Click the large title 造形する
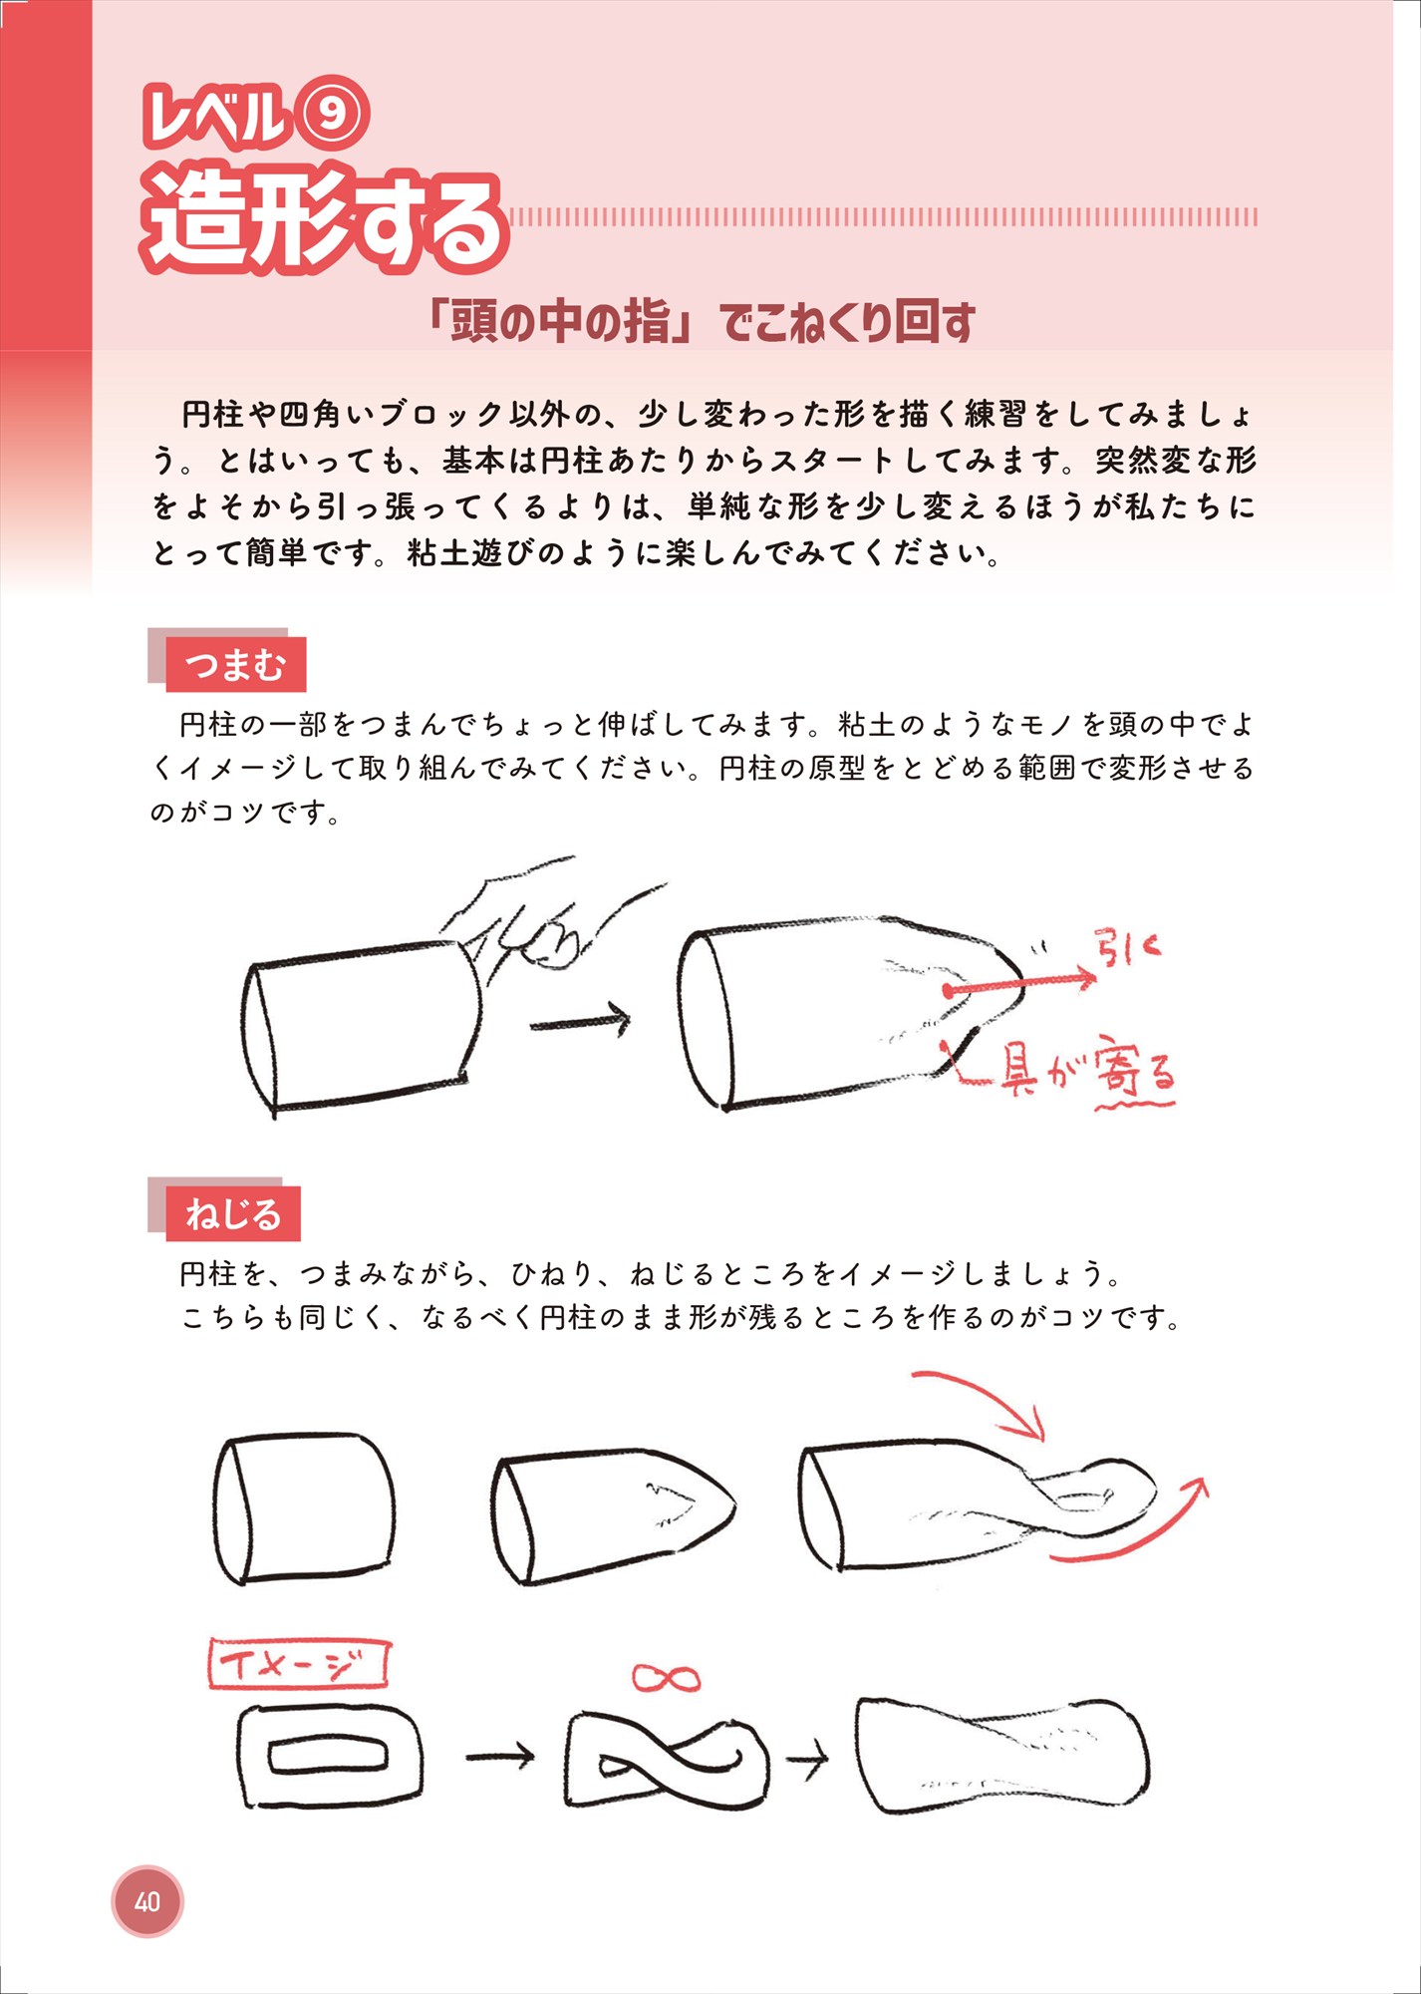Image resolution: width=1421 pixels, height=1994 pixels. coord(324,221)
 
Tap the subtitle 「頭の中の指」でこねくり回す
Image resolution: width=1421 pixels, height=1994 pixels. coord(698,322)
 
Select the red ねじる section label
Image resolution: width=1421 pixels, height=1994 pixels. coord(233,1214)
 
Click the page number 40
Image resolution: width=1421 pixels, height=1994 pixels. coord(147,1901)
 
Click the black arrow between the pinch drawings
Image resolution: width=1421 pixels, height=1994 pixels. coord(581,1021)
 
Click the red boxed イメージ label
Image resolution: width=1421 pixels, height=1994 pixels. coord(298,1665)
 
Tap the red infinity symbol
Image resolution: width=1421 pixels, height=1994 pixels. coord(666,1678)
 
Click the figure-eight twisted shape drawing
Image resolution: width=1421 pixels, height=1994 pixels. coord(666,1759)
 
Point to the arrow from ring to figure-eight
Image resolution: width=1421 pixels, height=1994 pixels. coord(500,1756)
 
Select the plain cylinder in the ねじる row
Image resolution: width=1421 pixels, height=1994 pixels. coord(304,1507)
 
